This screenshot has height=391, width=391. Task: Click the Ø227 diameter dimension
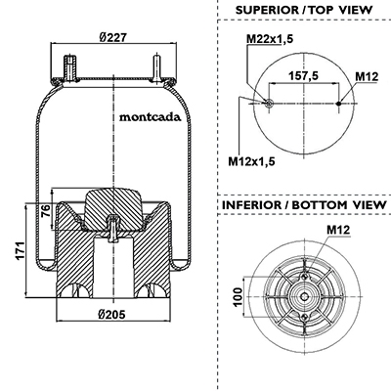click(112, 38)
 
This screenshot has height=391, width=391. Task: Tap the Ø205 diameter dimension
click(111, 315)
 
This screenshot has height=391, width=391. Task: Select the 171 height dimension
click(21, 250)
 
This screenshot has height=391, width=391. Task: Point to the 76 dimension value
click(46, 211)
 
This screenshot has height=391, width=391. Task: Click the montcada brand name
click(150, 117)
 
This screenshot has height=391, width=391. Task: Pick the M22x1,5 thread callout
click(270, 39)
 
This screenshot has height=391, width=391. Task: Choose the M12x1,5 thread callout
click(251, 161)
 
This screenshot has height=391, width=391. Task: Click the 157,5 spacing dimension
click(303, 76)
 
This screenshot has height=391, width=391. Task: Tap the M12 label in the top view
click(367, 76)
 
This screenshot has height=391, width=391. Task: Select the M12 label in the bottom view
click(338, 230)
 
